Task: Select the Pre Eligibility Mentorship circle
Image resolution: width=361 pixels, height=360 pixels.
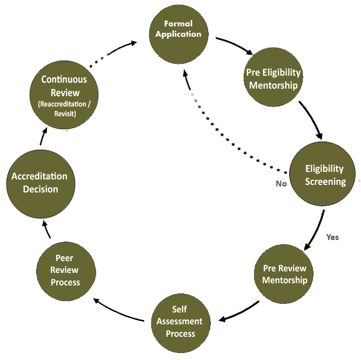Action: (x=273, y=78)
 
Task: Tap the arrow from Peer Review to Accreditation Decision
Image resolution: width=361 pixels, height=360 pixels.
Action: (x=45, y=230)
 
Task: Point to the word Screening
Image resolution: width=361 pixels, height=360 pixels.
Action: (x=325, y=182)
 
